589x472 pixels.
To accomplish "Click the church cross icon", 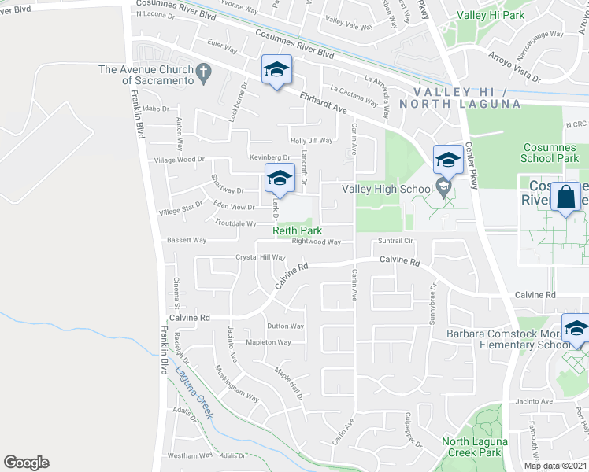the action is (203, 73).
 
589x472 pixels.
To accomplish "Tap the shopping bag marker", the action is (566, 197).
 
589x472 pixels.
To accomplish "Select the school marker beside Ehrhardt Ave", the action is (276, 70).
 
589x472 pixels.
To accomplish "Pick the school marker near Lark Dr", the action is (279, 179).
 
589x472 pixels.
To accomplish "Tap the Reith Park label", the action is (297, 230).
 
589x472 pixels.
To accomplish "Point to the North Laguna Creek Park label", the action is (471, 447).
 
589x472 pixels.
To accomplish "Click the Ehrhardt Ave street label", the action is (323, 100).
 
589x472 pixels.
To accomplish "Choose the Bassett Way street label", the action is (186, 240).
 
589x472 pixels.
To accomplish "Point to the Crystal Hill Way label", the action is (261, 257).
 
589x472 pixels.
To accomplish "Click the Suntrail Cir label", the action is (395, 241).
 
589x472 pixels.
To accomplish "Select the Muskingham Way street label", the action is (236, 383).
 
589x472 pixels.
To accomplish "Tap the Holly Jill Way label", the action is (312, 140).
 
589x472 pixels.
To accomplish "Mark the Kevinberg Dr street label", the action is (269, 157).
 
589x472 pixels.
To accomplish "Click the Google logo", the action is (26, 463).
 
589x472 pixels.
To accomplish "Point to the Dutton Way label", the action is (285, 326).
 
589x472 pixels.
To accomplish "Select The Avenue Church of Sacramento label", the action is (146, 75).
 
